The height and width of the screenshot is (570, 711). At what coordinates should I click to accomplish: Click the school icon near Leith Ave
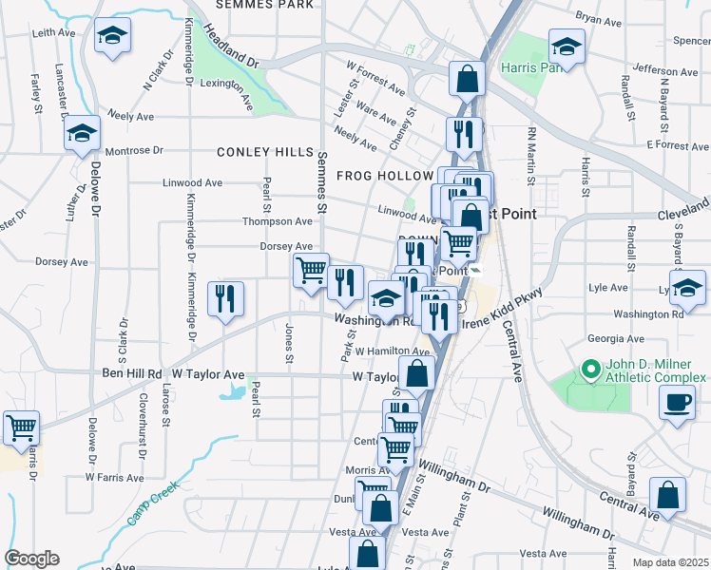(113, 36)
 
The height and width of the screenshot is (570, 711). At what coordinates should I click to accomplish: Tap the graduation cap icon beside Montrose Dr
(83, 134)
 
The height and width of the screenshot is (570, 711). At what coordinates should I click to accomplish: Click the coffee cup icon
(676, 401)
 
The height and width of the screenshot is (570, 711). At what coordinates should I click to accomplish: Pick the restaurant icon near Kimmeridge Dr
(225, 298)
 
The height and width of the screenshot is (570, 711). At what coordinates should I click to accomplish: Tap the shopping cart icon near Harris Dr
(21, 427)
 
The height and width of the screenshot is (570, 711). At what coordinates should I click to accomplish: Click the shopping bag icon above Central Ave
(667, 494)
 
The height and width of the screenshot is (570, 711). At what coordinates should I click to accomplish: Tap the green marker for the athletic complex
(588, 367)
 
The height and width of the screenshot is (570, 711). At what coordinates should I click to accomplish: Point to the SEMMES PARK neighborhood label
(264, 5)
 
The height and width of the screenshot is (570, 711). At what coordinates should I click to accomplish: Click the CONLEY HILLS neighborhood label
(265, 152)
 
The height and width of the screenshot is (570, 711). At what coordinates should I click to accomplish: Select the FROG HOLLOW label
(385, 176)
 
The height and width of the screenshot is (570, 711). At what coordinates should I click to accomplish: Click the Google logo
(31, 558)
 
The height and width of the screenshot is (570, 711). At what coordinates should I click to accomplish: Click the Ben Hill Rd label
(132, 374)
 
